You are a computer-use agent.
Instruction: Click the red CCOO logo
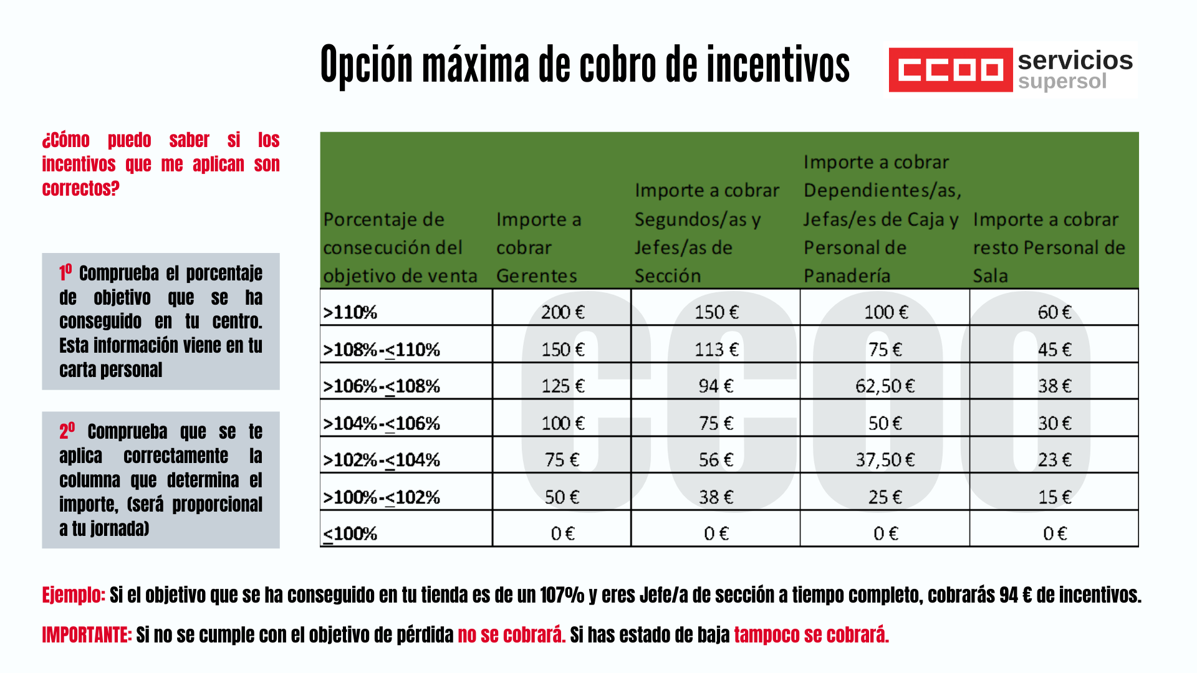(950, 70)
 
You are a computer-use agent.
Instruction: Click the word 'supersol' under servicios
(1062, 82)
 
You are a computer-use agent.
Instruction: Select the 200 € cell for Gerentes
(562, 312)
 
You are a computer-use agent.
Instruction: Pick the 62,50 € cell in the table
(885, 386)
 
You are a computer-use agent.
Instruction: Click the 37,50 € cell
(885, 460)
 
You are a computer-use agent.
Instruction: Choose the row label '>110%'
(350, 312)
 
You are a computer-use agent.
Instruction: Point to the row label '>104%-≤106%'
(381, 423)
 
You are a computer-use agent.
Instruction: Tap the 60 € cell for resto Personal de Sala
(1054, 312)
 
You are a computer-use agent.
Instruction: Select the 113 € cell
(716, 349)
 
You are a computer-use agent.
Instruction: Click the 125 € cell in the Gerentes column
(562, 386)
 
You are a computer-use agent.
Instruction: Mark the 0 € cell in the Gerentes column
(562, 533)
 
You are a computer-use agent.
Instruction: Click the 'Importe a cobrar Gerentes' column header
(539, 247)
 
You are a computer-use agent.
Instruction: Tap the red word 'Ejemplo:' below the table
(73, 595)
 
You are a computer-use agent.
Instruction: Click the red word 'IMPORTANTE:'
(87, 635)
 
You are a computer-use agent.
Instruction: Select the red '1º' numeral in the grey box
(65, 272)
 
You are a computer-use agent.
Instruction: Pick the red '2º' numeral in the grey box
(67, 431)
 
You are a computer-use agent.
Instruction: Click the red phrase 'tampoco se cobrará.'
(811, 635)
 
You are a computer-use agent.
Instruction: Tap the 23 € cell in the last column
(1054, 460)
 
